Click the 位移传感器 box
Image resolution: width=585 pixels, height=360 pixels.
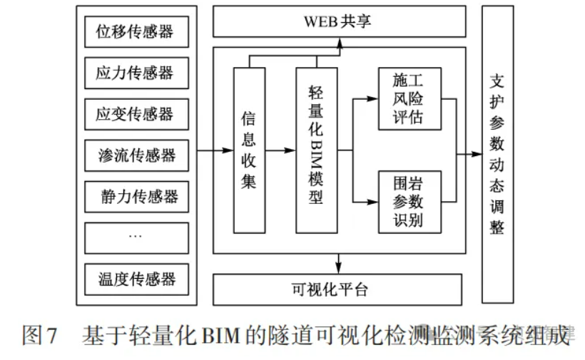(x=136, y=32)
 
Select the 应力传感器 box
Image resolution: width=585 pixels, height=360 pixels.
(x=136, y=73)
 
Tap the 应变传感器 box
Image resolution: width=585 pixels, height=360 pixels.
(x=136, y=114)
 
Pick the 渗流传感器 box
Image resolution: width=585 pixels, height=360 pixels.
(x=136, y=155)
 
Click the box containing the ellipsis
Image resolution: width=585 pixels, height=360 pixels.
(x=136, y=237)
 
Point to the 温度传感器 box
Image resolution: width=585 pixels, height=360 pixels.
(x=136, y=278)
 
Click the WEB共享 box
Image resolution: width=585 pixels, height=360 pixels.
(x=339, y=21)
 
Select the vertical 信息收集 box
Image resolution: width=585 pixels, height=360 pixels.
(x=249, y=150)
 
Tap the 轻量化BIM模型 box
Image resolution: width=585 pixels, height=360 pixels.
(x=316, y=150)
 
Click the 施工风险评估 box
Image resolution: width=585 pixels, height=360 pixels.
(x=409, y=99)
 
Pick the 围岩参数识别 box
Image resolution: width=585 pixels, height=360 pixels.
(x=409, y=202)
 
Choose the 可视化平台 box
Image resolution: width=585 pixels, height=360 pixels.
(x=339, y=289)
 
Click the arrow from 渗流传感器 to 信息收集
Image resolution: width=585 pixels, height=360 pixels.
(x=214, y=150)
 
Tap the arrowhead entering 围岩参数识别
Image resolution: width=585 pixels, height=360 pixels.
(x=372, y=202)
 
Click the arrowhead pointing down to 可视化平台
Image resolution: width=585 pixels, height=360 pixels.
(x=340, y=268)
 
